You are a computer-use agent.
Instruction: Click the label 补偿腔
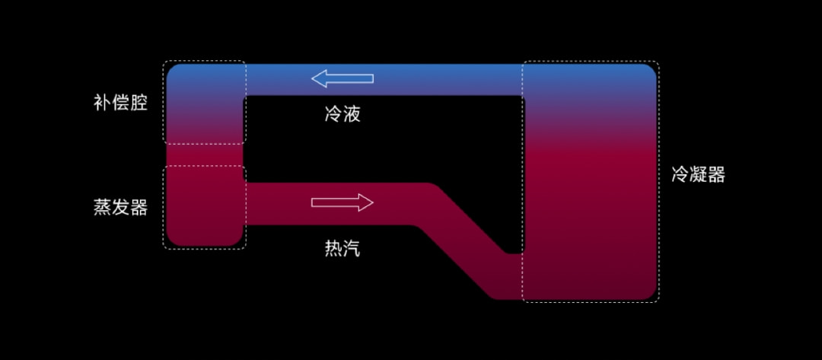120,103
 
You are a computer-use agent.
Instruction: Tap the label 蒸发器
120,207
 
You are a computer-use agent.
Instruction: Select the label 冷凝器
698,174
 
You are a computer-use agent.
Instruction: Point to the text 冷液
342,115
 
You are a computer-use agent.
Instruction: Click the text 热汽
342,248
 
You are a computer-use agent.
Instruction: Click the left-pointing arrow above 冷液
342,78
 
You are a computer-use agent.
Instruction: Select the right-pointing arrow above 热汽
342,202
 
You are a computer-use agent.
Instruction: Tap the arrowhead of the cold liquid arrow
319,78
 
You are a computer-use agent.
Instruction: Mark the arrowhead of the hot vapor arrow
366,202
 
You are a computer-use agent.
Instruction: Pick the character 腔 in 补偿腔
139,103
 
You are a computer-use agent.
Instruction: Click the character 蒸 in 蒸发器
102,207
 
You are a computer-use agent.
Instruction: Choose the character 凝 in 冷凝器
698,174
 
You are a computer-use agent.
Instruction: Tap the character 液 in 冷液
351,115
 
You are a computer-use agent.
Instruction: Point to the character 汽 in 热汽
351,248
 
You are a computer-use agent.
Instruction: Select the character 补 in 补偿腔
102,103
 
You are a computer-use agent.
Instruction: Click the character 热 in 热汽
333,248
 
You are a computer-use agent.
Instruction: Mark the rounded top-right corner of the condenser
648,72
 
